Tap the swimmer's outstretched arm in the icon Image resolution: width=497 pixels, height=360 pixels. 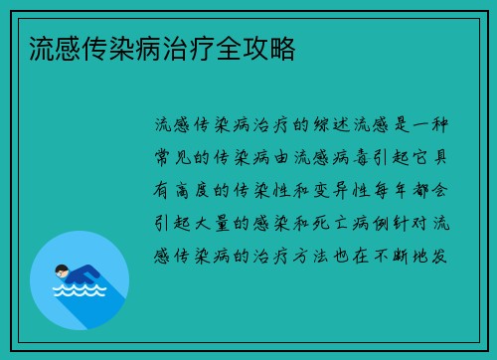pyautogui.click(x=94, y=276)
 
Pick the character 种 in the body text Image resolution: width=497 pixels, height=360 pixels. pyautogui.click(x=439, y=125)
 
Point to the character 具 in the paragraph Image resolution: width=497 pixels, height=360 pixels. pyautogui.click(x=439, y=158)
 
